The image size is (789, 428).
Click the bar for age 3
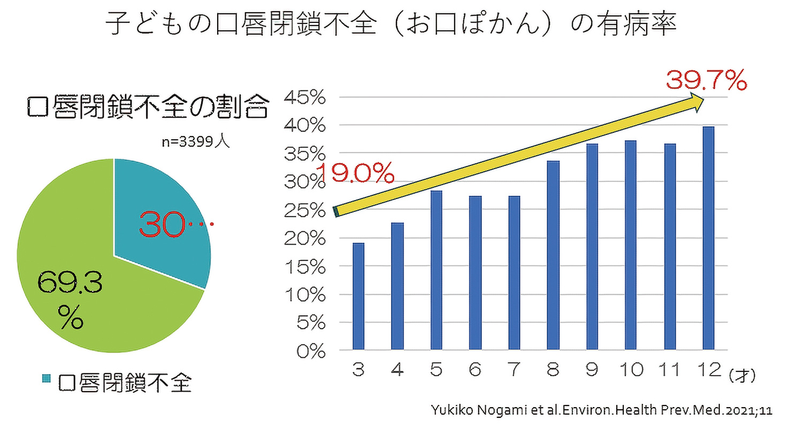click(358, 297)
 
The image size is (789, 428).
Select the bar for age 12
click(709, 239)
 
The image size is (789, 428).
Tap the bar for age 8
click(553, 256)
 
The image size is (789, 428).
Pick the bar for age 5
click(436, 270)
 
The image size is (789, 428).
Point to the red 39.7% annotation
click(706, 82)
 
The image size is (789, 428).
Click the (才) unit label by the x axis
click(741, 376)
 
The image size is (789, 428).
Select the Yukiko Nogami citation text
click(602, 410)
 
